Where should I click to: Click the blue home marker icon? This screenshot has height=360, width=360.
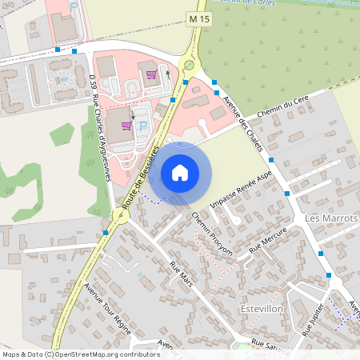tap(180, 173)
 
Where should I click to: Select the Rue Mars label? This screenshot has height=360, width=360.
tap(181, 274)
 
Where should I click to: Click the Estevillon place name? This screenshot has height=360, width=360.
tap(262, 308)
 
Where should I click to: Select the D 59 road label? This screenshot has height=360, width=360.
tap(93, 81)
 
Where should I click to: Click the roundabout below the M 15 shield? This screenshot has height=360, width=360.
tap(189, 66)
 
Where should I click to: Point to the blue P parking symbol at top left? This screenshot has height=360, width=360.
tap(74, 6)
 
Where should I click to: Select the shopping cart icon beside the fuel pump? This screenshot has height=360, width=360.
tap(150, 74)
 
